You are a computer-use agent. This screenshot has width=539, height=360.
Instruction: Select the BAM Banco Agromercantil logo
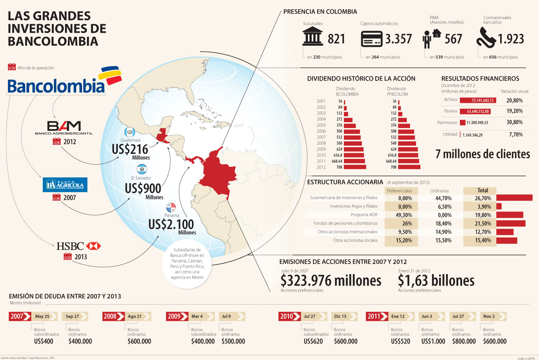pos(64,128)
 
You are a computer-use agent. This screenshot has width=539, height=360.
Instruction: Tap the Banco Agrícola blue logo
pos(65,185)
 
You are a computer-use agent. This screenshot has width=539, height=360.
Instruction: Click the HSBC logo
pos(79,246)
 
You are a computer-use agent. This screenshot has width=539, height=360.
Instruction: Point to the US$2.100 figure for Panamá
pos(171,224)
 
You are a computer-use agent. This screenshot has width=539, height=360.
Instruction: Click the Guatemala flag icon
pos(129,132)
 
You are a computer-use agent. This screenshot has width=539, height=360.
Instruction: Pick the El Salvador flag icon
pos(142,169)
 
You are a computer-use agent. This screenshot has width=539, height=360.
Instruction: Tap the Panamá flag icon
pos(171,208)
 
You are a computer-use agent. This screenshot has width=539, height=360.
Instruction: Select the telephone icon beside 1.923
pos(486,38)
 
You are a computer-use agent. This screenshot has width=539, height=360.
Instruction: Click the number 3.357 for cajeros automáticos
pos(398,39)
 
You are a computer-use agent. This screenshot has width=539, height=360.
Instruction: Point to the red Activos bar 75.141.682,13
pos(478,100)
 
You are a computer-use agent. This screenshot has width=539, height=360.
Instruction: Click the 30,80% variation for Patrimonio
pos(515,122)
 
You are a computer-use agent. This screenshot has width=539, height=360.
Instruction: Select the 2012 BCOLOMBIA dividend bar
pos(355,167)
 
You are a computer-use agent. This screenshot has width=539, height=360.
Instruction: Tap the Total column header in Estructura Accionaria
pos(483,191)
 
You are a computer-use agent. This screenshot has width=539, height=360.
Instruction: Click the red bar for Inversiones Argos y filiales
pos(499,206)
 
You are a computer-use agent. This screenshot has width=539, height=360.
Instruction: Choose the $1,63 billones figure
pos(436,281)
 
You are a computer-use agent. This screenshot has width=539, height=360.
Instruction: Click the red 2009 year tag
pos(176,316)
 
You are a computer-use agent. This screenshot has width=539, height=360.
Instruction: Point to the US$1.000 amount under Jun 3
pos(433,341)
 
